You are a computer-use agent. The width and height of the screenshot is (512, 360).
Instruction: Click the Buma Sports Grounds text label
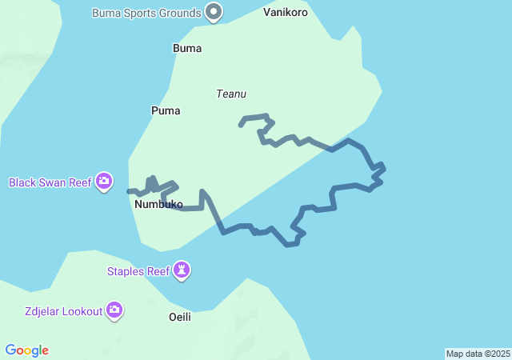tap(146, 13)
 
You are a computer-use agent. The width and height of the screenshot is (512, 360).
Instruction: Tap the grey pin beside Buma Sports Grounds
tap(214, 12)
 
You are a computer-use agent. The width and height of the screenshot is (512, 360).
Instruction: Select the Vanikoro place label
tap(286, 13)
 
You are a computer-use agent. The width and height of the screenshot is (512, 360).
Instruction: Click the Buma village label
tap(187, 48)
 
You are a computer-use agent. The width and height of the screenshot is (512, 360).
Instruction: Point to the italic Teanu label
tap(230, 94)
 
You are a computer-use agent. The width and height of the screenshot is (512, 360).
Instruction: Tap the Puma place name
tap(166, 110)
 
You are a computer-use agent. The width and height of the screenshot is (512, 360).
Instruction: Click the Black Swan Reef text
tap(50, 182)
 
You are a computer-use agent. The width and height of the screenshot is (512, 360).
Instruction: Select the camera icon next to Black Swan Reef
tap(103, 182)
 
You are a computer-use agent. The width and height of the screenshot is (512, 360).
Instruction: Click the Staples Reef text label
tap(138, 271)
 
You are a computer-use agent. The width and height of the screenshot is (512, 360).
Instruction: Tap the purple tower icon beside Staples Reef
tap(183, 271)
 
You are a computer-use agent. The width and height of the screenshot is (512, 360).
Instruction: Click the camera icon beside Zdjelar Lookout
tap(114, 310)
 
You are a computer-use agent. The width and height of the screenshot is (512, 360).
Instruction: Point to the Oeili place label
tap(180, 317)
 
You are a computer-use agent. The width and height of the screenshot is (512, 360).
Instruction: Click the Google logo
tap(27, 350)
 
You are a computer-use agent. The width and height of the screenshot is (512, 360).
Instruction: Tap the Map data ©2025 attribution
tap(478, 354)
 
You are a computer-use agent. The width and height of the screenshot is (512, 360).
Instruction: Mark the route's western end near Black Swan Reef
tap(129, 191)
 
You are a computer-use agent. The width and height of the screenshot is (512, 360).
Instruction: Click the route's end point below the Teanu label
tap(240, 126)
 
